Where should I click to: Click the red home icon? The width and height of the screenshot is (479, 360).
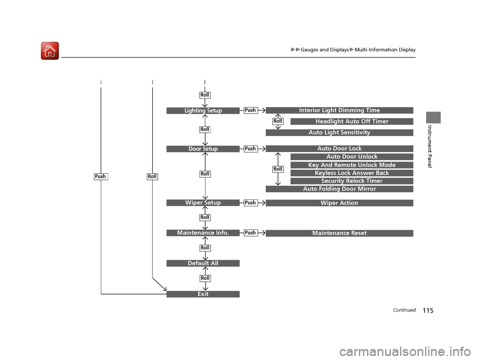pos(50,51)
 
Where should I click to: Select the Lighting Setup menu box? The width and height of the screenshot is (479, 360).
pos(203,111)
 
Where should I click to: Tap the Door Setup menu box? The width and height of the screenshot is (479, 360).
pos(203,149)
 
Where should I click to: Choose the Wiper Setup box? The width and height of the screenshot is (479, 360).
pos(203,202)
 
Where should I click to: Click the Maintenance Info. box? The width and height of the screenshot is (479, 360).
pos(203,232)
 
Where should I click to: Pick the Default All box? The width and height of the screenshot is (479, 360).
pos(203,263)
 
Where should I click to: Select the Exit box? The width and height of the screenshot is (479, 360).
pos(203,294)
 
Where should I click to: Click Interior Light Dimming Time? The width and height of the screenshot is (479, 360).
pos(339,110)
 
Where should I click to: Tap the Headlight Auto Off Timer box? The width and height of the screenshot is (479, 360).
pos(352,122)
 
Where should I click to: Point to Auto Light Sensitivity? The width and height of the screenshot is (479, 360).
pos(339,133)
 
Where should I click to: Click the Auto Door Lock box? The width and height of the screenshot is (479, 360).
pos(339,149)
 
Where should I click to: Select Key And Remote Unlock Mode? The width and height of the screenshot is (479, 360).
pos(352,165)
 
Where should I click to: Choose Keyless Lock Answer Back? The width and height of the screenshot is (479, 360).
pos(352,173)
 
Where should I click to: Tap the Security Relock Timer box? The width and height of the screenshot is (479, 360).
pos(352,181)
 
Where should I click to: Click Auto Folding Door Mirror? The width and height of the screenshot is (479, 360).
pos(339,189)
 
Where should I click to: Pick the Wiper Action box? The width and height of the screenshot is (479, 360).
pos(339,203)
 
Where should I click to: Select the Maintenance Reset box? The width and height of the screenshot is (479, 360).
pos(339,233)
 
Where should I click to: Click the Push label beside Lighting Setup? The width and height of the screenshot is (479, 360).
pos(250,110)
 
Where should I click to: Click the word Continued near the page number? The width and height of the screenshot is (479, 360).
pos(404,310)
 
